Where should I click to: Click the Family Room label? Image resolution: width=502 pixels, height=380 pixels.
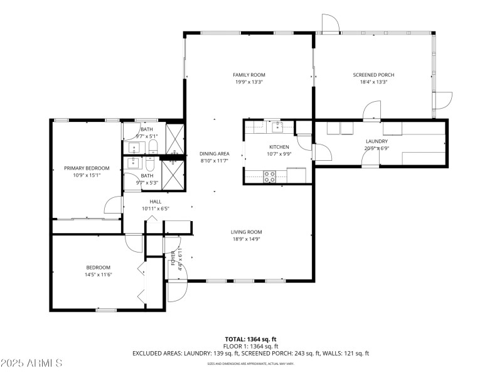pyautogui.click(x=249, y=75)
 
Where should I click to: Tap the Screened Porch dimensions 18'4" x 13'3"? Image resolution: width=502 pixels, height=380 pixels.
pyautogui.click(x=373, y=82)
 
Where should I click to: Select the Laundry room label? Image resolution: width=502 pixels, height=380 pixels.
pyautogui.click(x=376, y=141)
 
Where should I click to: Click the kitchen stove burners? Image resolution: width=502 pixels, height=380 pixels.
pyautogui.click(x=270, y=176)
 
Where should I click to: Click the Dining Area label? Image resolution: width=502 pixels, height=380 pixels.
pyautogui.click(x=215, y=154)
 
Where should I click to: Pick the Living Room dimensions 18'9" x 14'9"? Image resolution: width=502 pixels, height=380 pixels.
pyautogui.click(x=246, y=239)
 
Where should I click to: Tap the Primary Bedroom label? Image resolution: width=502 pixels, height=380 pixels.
pyautogui.click(x=87, y=168)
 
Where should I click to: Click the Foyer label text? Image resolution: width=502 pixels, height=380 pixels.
pyautogui.click(x=173, y=258)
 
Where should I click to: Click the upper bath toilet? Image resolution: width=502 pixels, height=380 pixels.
pyautogui.click(x=152, y=148)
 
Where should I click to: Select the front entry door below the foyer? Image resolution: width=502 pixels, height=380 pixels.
pyautogui.click(x=177, y=291)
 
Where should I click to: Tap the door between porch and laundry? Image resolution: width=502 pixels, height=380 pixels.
pyautogui.click(x=371, y=112)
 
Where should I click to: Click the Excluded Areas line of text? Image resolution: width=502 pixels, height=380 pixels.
pyautogui.click(x=250, y=354)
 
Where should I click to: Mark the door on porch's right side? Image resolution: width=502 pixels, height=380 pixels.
pyautogui.click(x=443, y=100)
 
